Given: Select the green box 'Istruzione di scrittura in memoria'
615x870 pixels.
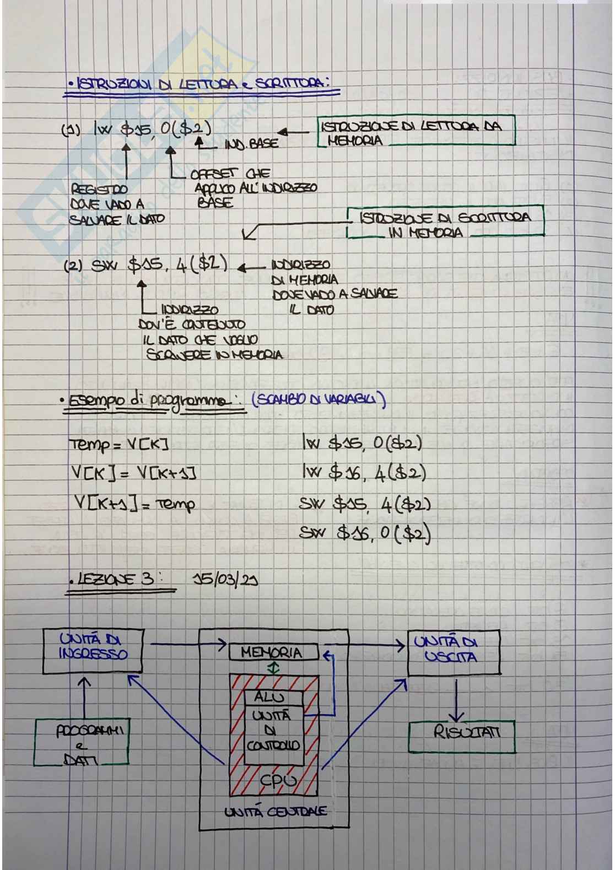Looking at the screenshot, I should (445, 223).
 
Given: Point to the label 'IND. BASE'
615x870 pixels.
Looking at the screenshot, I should (251, 144).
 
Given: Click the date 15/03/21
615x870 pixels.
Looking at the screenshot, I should (226, 580).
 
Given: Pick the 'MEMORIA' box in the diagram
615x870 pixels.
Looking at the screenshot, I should (273, 652).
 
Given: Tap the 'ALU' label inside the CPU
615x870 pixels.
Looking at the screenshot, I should (270, 697).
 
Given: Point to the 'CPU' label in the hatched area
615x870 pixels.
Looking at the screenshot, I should (278, 781).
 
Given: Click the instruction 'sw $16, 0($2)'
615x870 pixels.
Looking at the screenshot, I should (365, 533).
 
